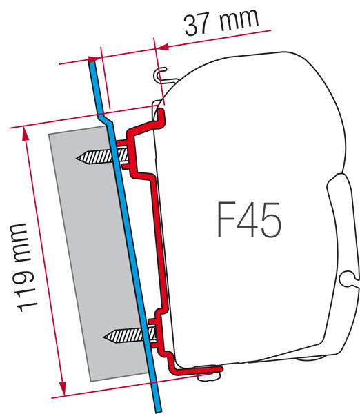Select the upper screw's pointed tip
(77, 158)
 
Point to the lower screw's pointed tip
(104, 337)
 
